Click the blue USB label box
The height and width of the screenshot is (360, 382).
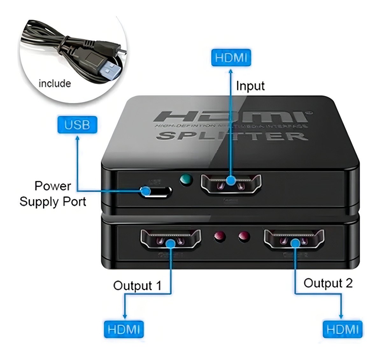77,125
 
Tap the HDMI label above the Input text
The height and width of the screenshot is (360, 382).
231,58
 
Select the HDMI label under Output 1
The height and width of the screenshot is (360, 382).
124,329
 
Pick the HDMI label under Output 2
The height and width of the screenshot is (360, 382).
343,329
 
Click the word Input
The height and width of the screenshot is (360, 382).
250,86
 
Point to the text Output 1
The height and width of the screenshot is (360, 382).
137,285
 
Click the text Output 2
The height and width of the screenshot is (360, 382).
328,283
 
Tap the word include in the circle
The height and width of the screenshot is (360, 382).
54,83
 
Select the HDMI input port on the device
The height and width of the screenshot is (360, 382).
231,184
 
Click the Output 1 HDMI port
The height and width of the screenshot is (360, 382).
171,239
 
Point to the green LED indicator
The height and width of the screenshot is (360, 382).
186,180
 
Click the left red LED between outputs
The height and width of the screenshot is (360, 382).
219,236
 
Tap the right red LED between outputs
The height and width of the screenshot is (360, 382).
244,236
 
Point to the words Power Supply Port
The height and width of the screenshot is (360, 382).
53,194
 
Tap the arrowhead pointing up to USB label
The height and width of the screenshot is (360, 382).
77,138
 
